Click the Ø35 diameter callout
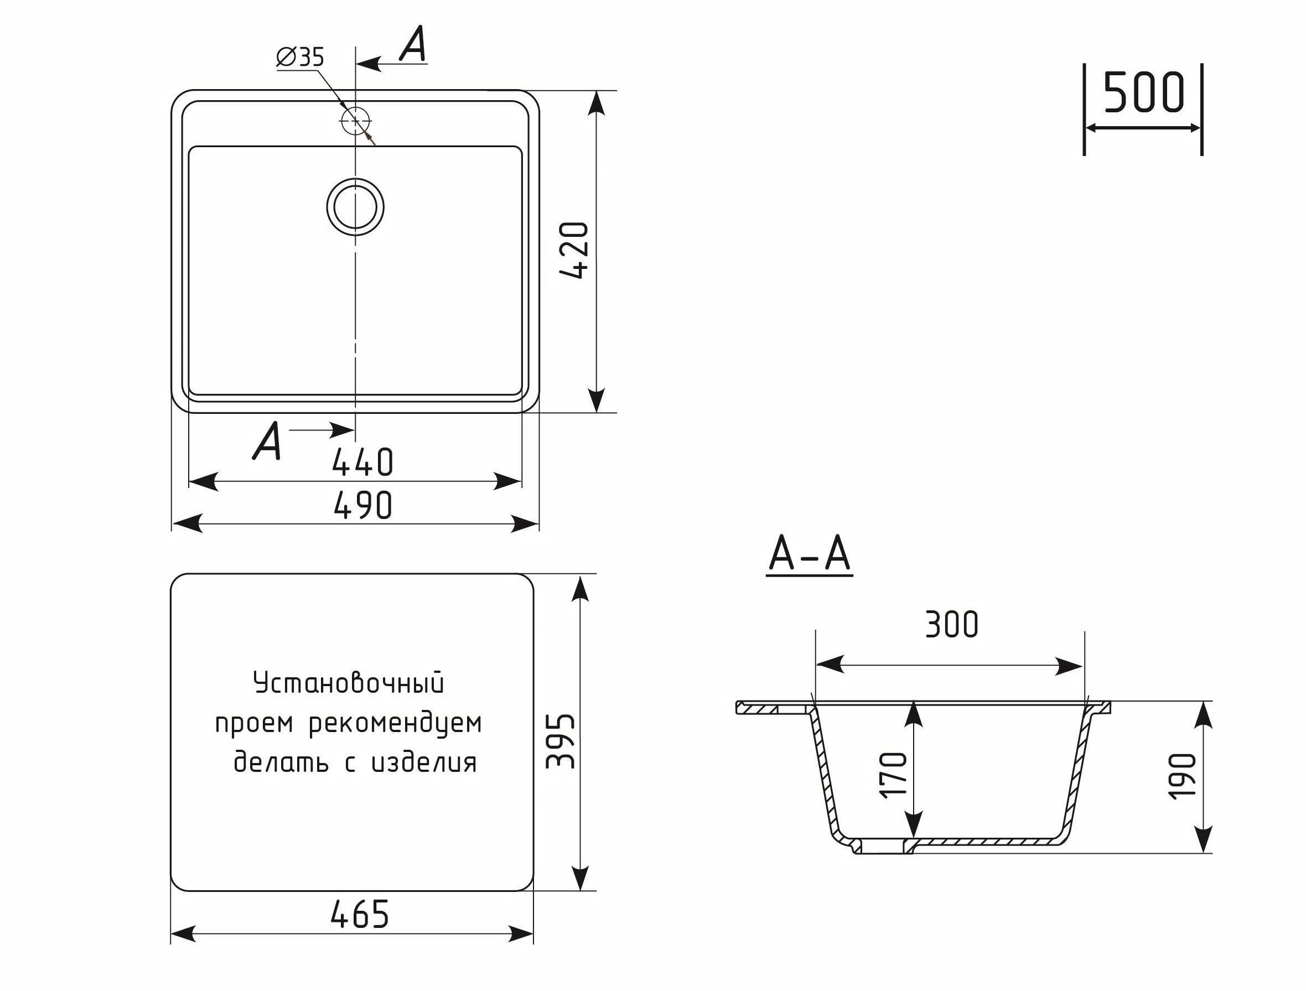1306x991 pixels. point(300,57)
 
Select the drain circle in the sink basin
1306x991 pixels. point(355,206)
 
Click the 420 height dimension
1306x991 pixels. point(574,250)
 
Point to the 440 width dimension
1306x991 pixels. point(362,462)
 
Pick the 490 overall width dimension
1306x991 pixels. point(362,506)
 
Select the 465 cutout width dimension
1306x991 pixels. point(360,915)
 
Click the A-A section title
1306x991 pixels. point(810,555)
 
